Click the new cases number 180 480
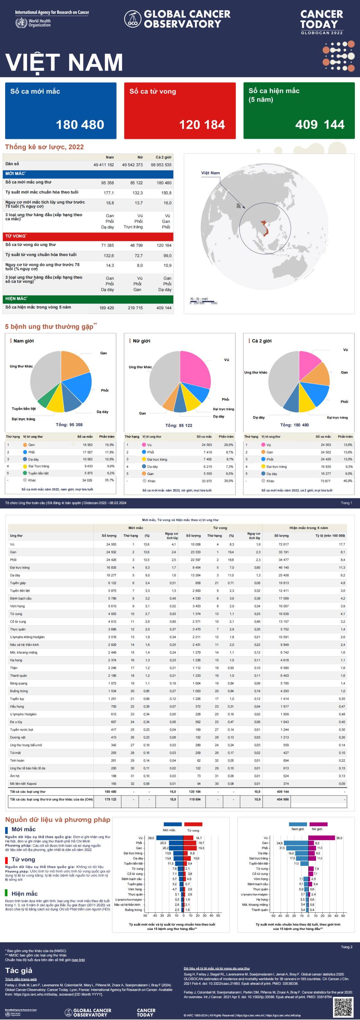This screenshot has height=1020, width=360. click(80, 125)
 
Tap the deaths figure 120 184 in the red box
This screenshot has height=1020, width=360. click(202, 125)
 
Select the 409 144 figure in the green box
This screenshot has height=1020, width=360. click(320, 125)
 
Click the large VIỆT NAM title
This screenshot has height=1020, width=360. click(64, 62)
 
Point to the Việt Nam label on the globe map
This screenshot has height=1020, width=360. click(210, 173)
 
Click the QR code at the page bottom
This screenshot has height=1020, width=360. click(343, 1007)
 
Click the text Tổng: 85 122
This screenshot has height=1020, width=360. click(179, 425)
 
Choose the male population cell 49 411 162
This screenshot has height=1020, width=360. click(103, 165)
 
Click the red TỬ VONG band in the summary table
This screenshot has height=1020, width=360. click(89, 236)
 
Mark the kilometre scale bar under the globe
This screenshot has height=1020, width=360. click(204, 303)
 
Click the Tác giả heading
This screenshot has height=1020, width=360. click(19, 971)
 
